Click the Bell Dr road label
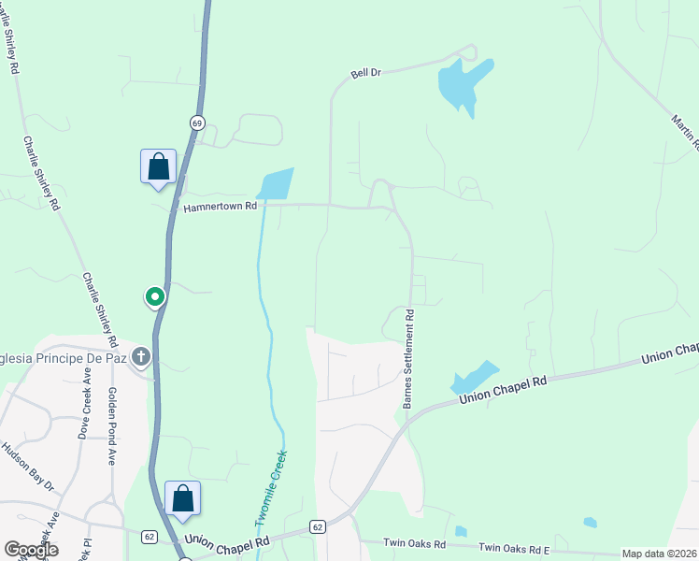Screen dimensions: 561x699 point(365,73)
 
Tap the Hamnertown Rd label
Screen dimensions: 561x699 point(220,209)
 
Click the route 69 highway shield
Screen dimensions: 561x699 point(196,122)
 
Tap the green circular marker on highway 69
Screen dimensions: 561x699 point(155,297)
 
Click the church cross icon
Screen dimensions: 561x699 point(141,356)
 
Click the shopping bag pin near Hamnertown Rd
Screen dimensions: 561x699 point(159,167)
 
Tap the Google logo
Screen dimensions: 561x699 point(31,550)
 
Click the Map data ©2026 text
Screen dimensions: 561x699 point(659,554)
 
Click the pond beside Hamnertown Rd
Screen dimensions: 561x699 point(276,184)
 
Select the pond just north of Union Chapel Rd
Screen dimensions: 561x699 point(472,377)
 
